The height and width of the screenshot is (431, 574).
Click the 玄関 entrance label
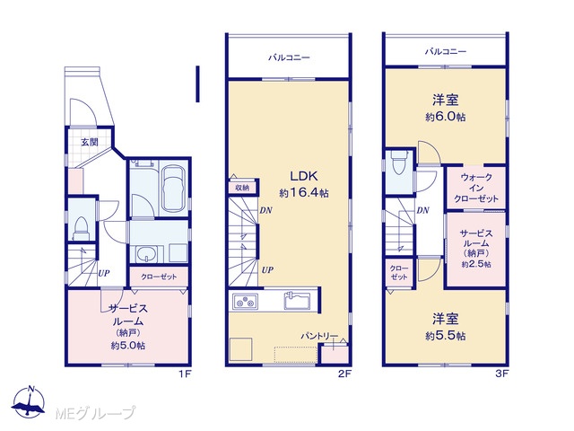click(90, 142)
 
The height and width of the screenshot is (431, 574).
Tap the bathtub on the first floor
click(173, 189)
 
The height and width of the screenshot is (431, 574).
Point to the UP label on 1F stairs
click(104, 273)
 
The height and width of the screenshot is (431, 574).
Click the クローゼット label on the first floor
click(159, 277)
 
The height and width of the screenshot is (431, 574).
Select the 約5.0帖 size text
click(127, 346)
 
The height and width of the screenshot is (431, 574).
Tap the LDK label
click(303, 176)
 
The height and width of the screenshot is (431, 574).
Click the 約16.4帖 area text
click(304, 193)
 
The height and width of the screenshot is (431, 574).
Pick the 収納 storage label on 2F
click(242, 188)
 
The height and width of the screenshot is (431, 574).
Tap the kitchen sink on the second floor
click(297, 301)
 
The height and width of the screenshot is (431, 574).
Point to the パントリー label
click(319, 336)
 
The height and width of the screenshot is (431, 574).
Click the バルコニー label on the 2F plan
click(289, 57)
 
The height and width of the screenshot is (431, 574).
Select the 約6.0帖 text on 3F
click(446, 117)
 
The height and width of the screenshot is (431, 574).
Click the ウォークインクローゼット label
click(476, 188)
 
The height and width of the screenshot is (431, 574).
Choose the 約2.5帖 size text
click(476, 264)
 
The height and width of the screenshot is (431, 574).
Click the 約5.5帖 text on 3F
click(446, 336)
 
